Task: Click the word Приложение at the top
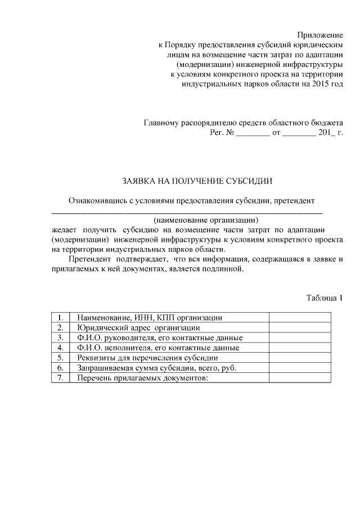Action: tap(320, 35)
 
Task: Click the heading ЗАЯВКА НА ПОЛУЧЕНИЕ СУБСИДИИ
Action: tap(197, 181)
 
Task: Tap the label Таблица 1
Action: tap(324, 298)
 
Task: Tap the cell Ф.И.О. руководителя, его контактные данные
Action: tap(160, 338)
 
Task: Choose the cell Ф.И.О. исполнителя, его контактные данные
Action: tap(158, 348)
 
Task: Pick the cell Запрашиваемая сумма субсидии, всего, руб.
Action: tap(156, 368)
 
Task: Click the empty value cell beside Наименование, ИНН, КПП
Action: tap(300, 318)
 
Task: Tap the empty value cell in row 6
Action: tap(300, 368)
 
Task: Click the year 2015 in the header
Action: tap(316, 84)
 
